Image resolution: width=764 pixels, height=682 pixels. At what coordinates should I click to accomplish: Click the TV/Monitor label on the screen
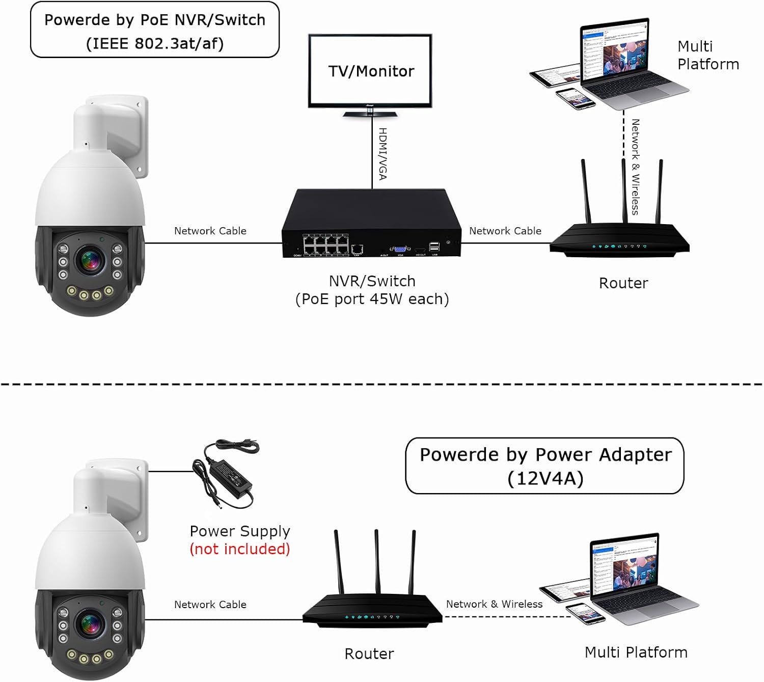[x=371, y=71]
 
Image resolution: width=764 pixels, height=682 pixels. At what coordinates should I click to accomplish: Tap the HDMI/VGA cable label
[x=383, y=154]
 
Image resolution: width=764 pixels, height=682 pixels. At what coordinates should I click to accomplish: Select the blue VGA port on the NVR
[x=400, y=249]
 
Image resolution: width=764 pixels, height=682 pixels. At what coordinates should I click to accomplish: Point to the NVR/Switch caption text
[x=372, y=281]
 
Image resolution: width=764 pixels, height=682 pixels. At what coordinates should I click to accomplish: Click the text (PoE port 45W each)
[x=372, y=299]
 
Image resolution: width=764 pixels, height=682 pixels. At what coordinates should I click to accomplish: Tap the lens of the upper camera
[x=90, y=260]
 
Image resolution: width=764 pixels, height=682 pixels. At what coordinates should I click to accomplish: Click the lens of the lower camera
[x=90, y=624]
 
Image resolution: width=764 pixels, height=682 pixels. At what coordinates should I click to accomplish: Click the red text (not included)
[x=240, y=549]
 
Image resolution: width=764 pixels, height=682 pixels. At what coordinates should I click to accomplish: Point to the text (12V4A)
[x=545, y=479]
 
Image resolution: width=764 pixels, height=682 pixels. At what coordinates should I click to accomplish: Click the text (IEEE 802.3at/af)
[x=155, y=43]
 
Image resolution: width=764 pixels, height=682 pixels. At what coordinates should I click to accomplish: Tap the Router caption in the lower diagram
[x=369, y=653]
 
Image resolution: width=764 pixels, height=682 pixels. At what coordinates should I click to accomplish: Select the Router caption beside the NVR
[x=623, y=283]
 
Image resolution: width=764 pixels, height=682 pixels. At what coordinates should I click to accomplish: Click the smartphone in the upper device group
[x=576, y=98]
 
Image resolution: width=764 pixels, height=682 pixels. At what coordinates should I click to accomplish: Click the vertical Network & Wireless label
[x=636, y=167]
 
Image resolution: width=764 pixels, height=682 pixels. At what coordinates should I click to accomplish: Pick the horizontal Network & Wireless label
[x=494, y=604]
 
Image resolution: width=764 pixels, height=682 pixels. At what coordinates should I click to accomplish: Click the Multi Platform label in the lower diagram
[x=636, y=652]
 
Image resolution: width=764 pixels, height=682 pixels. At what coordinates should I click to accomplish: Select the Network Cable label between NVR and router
[x=505, y=231]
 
